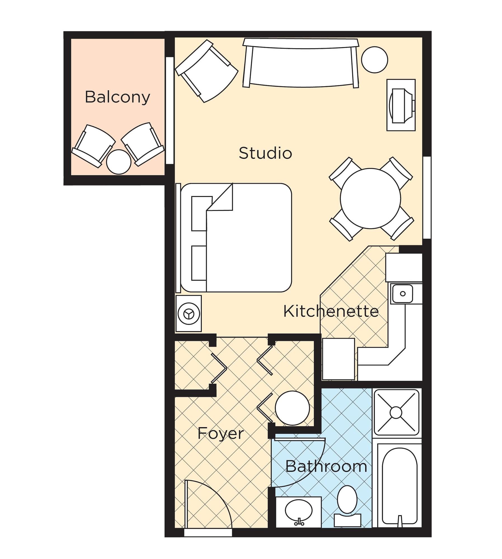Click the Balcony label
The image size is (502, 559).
(x=117, y=97)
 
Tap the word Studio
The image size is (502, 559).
(x=265, y=153)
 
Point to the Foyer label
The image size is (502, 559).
(x=221, y=434)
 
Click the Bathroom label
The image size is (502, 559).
(x=326, y=466)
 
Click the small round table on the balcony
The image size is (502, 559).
(x=119, y=162)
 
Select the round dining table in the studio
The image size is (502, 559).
(x=370, y=198)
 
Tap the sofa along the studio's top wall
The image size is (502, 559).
(x=301, y=63)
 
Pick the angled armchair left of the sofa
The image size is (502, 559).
(x=206, y=71)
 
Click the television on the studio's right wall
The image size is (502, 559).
(x=401, y=105)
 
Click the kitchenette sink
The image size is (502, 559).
(x=402, y=293)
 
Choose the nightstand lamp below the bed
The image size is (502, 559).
(x=188, y=314)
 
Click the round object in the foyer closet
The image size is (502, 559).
(x=292, y=408)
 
